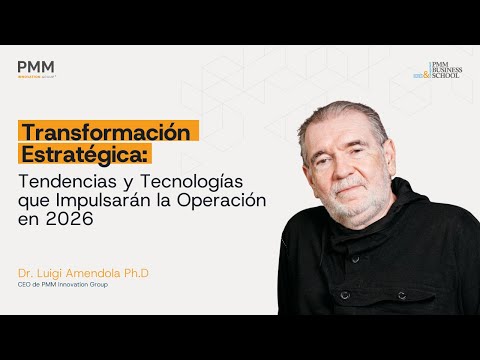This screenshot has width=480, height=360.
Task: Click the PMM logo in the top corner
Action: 36,68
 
